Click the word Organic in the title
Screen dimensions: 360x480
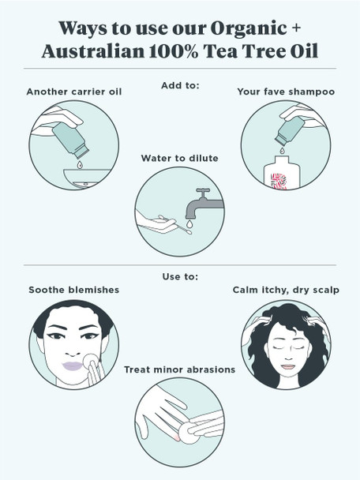pyautogui.click(x=249, y=29)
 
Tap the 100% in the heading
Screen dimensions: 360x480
pyautogui.click(x=174, y=51)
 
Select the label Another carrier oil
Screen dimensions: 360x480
pyautogui.click(x=74, y=92)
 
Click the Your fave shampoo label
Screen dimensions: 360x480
pyautogui.click(x=286, y=92)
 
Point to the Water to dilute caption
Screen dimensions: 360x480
pyautogui.click(x=180, y=158)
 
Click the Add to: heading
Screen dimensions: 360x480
pyautogui.click(x=180, y=85)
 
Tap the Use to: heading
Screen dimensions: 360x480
pyautogui.click(x=180, y=276)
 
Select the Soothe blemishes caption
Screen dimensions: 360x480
pyautogui.click(x=73, y=290)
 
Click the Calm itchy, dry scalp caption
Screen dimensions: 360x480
pyautogui.click(x=286, y=290)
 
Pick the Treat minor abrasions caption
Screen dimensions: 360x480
pyautogui.click(x=180, y=369)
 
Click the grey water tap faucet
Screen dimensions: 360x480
pyautogui.click(x=204, y=204)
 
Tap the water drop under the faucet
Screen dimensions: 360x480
pyautogui.click(x=189, y=224)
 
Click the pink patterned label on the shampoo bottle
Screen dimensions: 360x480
pyautogui.click(x=279, y=182)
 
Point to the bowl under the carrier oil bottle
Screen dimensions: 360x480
pyautogui.click(x=86, y=178)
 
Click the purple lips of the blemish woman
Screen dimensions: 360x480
pyautogui.click(x=73, y=366)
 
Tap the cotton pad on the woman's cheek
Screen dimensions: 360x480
pyautogui.click(x=91, y=361)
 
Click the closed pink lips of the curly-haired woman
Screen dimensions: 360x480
pyautogui.click(x=287, y=367)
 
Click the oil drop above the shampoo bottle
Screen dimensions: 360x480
pyautogui.click(x=282, y=150)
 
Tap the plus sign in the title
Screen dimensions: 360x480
pyautogui.click(x=296, y=28)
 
